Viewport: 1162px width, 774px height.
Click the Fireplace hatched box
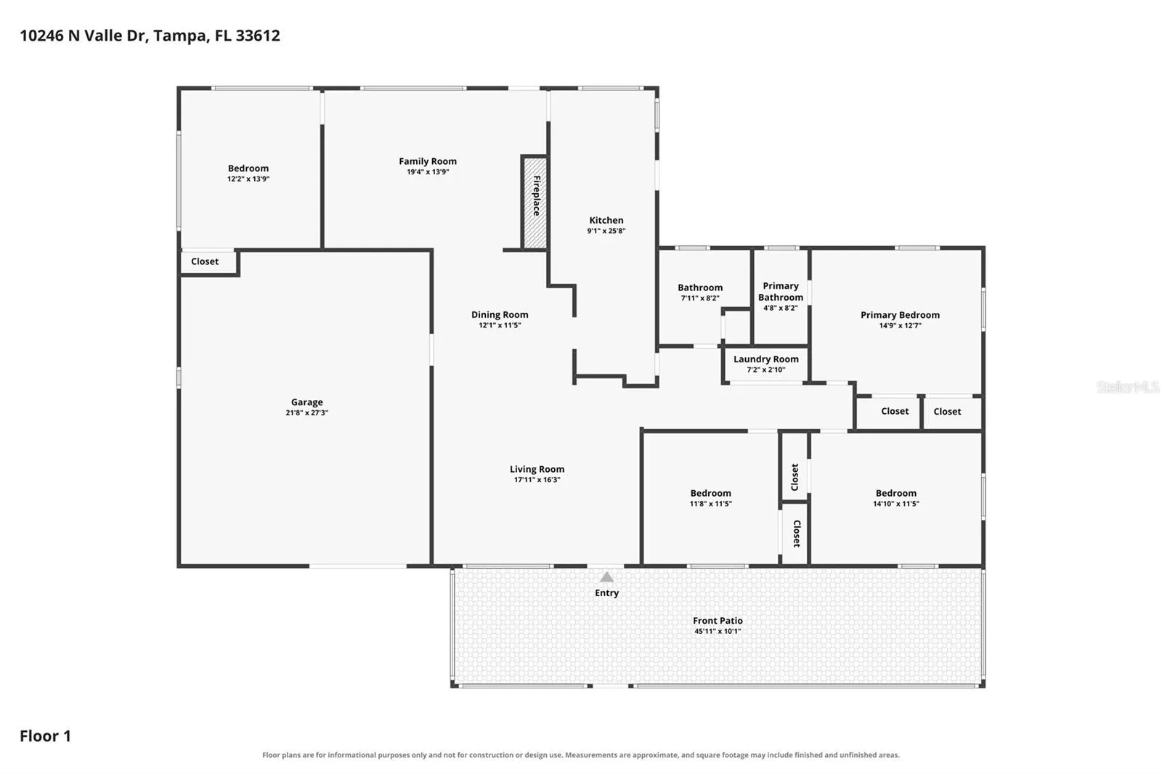535,203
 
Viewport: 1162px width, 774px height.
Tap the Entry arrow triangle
606,577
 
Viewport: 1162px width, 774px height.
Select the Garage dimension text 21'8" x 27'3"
306,413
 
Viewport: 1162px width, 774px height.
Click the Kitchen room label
606,221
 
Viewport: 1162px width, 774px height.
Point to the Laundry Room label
765,359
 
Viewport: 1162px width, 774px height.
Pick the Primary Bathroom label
781,292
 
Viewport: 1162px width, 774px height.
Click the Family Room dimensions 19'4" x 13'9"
428,172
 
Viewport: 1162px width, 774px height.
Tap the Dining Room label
500,315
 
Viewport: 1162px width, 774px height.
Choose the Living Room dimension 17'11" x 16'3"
537,480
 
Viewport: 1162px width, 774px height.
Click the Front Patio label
718,621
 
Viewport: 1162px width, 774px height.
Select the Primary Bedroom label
900,315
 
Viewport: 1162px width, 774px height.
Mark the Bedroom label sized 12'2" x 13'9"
248,168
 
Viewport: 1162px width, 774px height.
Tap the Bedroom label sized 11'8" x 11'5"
710,493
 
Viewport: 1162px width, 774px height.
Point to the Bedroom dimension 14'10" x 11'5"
896,504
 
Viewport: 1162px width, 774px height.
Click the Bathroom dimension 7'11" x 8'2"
700,298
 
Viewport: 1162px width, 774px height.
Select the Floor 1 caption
45,736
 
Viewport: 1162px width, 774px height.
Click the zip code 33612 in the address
258,36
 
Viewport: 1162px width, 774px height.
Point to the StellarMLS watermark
1128,387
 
